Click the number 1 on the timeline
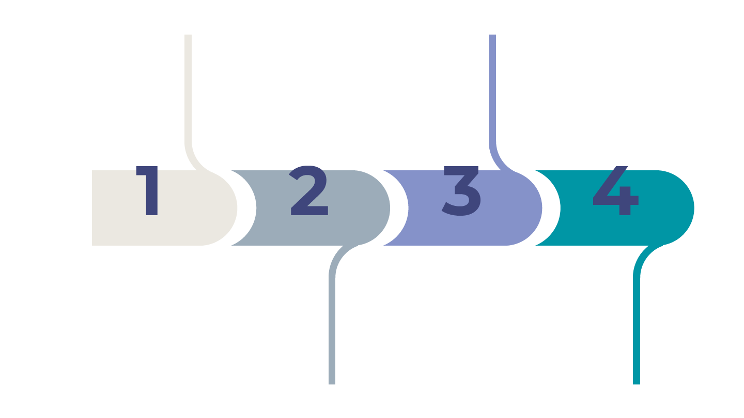pyautogui.click(x=149, y=191)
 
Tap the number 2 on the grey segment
pyautogui.click(x=309, y=192)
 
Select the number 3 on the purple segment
pyautogui.click(x=461, y=191)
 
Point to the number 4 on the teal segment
pyautogui.click(x=615, y=191)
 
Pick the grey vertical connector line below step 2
pyautogui.click(x=332, y=330)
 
